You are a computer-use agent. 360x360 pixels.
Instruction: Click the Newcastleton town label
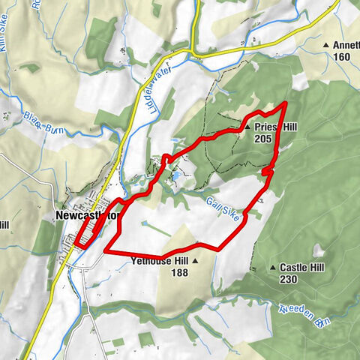(x=87, y=214)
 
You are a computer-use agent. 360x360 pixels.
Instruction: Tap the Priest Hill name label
(x=275, y=127)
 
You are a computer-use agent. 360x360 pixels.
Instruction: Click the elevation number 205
(x=262, y=139)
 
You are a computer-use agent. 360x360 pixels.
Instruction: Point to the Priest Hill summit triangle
(x=248, y=127)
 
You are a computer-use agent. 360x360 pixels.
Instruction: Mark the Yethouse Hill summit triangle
(x=196, y=261)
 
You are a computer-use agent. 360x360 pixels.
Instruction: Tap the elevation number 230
(x=289, y=279)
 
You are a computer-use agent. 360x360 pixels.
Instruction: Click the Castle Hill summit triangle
(x=273, y=267)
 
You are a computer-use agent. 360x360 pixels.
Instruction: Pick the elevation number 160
(x=341, y=57)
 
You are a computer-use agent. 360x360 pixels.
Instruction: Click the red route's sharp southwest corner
(x=106, y=250)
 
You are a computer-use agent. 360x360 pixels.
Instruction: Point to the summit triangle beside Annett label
(x=325, y=46)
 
